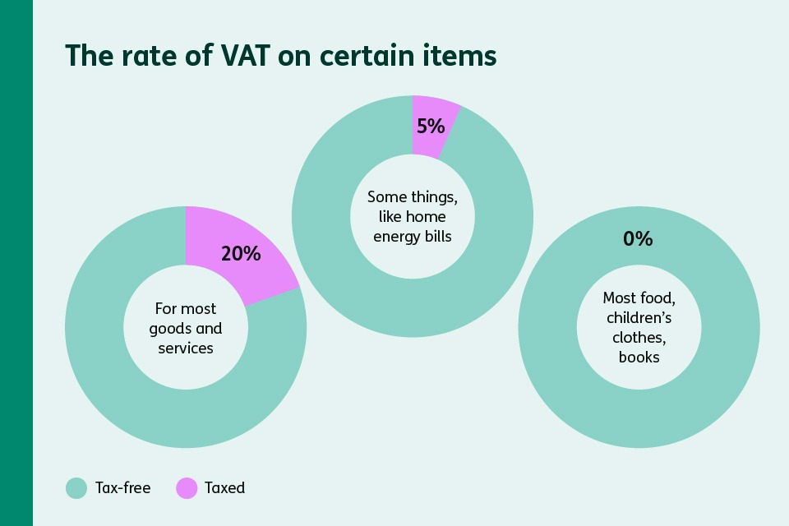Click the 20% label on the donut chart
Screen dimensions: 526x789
(x=241, y=253)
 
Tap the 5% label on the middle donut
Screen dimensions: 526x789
(x=430, y=127)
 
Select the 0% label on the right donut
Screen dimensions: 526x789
(x=637, y=239)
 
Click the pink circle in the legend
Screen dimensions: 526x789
(x=187, y=488)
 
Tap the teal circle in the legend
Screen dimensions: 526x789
(x=76, y=488)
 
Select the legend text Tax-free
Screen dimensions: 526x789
(x=123, y=488)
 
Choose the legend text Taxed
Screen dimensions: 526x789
(x=225, y=488)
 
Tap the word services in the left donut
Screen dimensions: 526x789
(x=186, y=348)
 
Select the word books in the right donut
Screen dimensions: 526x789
(x=639, y=358)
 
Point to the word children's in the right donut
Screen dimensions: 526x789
(x=639, y=318)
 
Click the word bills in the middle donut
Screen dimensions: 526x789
(x=437, y=237)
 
